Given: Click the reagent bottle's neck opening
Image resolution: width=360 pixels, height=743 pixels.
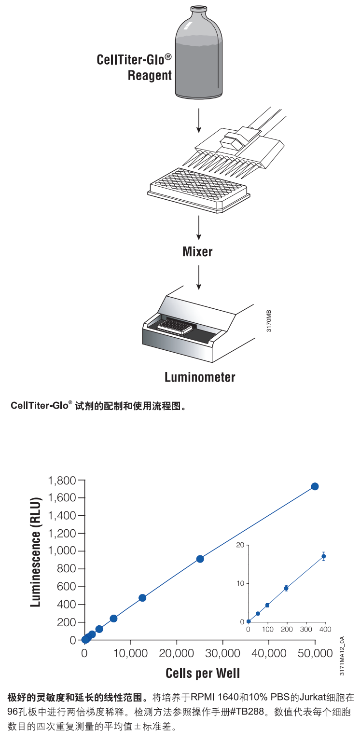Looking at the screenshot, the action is click(199, 7).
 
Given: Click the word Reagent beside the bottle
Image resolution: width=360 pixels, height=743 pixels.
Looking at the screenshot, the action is click(150, 76).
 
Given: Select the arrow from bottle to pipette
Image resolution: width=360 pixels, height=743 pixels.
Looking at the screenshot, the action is click(199, 121).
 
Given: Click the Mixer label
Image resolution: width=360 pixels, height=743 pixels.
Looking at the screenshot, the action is click(197, 251).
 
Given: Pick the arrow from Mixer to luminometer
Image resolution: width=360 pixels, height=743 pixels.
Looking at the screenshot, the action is click(199, 277).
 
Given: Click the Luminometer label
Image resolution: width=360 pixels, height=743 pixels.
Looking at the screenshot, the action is click(200, 377).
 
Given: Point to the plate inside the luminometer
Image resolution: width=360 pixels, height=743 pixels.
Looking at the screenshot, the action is click(175, 326).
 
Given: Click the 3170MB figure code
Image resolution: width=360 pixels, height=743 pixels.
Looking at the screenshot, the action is click(269, 321).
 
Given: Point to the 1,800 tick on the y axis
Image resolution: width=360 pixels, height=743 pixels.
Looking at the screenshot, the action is click(62, 481).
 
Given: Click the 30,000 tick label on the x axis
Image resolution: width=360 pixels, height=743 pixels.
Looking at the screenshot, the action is click(222, 653).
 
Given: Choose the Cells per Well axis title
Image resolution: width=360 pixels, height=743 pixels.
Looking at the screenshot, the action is click(203, 673).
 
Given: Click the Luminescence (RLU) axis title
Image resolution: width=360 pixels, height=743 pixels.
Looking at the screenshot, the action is click(36, 552).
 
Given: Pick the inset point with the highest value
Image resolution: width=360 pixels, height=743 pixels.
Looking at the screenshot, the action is click(323, 556).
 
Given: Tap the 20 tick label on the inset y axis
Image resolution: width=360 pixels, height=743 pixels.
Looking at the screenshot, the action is click(240, 545).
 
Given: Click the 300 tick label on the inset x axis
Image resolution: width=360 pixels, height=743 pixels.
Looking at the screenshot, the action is click(306, 629).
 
